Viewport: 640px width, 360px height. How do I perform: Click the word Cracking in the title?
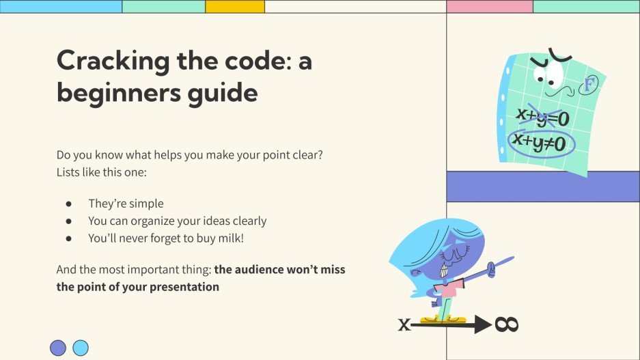click(x=113, y=61)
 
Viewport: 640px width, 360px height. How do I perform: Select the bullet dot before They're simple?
click(x=68, y=204)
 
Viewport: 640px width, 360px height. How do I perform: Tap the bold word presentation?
click(x=184, y=287)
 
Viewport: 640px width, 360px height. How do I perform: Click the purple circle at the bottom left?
click(x=58, y=348)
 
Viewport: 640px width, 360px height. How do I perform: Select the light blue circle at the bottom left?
click(x=81, y=348)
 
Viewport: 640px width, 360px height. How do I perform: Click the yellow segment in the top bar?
click(x=235, y=7)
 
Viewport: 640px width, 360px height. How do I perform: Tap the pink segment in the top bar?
click(x=490, y=7)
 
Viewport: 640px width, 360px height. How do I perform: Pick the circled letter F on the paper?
click(x=588, y=85)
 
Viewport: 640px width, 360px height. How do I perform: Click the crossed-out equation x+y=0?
click(x=542, y=117)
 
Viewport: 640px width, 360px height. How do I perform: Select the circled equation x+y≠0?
click(x=540, y=143)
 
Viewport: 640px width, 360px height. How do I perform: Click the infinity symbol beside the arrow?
click(x=507, y=324)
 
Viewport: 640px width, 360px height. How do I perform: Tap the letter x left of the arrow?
click(x=404, y=324)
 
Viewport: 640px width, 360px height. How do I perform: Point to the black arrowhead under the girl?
click(x=484, y=324)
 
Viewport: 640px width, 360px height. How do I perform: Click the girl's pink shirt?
click(x=449, y=289)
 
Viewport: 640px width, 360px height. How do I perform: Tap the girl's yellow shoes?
click(x=443, y=319)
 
